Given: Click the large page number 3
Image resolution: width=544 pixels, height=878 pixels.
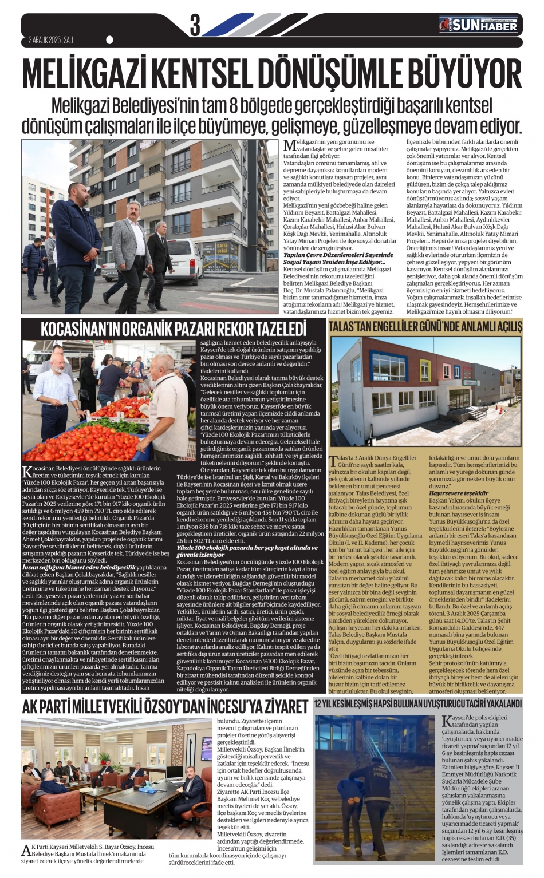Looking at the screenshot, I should point(195,26).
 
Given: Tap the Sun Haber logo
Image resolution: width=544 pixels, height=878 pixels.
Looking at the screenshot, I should point(478,25).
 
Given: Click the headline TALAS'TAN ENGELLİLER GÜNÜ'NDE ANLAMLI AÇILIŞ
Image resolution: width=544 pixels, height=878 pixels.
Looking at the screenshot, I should point(425,327).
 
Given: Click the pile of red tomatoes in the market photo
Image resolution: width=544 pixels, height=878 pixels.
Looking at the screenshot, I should point(80,441).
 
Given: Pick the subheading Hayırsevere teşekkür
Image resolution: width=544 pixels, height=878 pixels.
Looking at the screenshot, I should point(459,493).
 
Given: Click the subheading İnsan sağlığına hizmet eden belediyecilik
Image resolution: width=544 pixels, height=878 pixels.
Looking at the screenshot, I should point(78,567).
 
